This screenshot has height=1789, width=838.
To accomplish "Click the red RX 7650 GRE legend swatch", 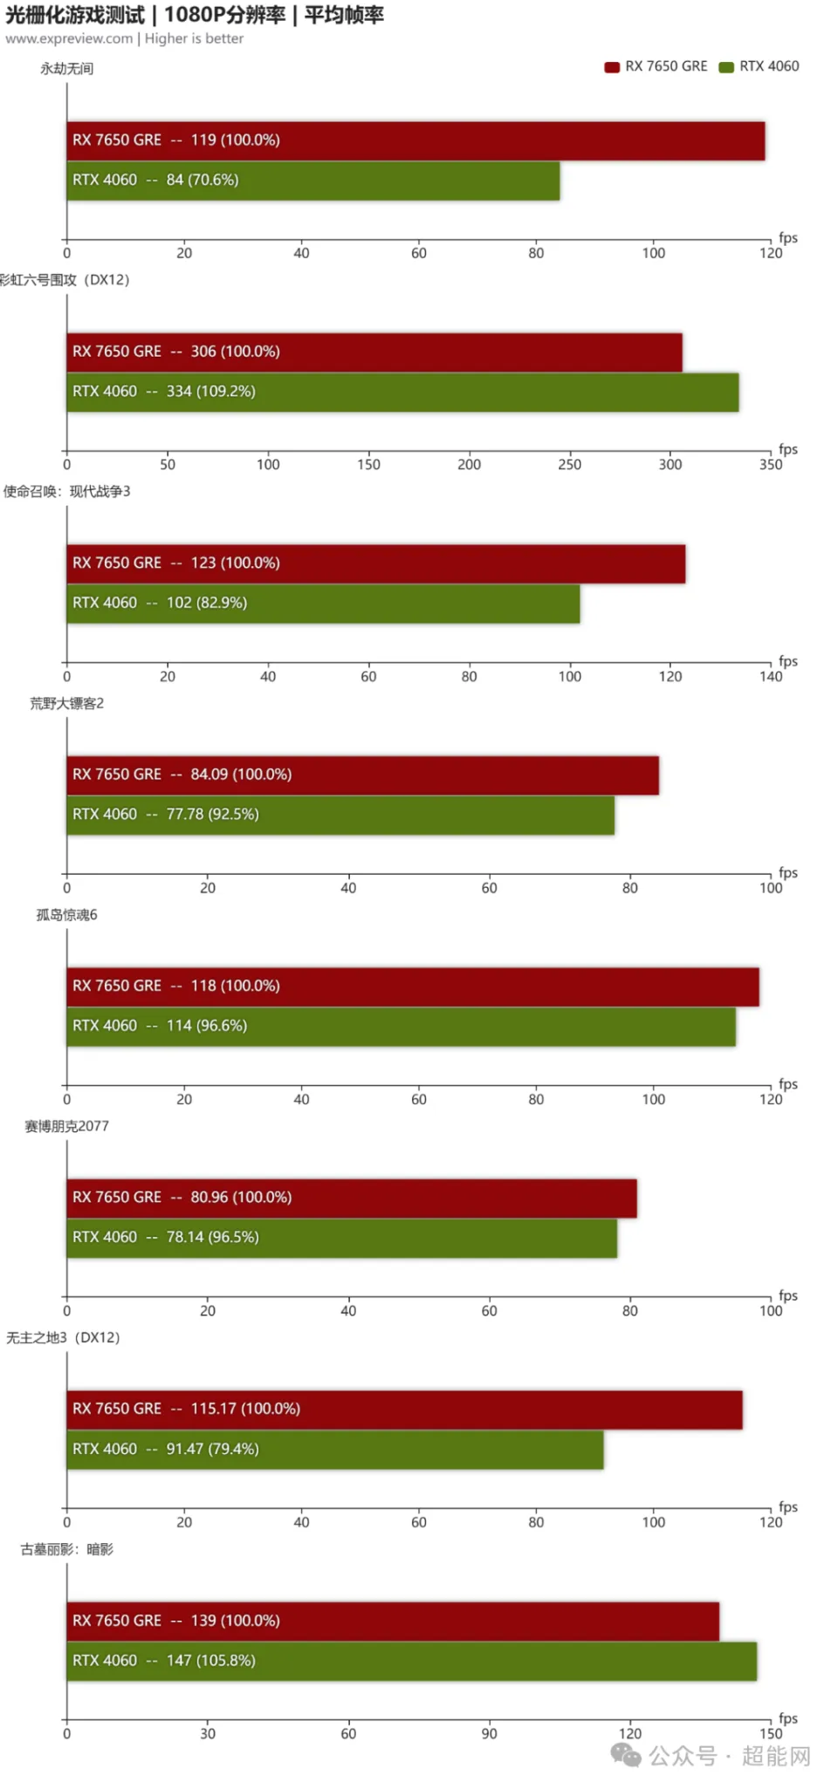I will point(612,67).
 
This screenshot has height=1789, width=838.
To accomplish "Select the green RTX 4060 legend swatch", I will point(725,67).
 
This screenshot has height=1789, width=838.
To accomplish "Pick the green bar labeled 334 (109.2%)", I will point(402,392).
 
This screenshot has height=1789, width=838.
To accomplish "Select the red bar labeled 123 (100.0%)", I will point(375,563).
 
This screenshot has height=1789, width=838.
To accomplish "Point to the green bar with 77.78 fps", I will point(340,815).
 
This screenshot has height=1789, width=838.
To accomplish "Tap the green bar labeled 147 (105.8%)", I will point(411,1661).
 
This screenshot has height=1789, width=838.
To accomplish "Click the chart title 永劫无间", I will point(66,69).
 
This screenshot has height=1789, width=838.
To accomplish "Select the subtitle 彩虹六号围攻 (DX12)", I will point(65,280).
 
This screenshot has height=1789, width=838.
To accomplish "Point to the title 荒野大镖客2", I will point(66,703).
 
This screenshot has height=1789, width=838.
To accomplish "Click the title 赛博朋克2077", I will point(66,1126).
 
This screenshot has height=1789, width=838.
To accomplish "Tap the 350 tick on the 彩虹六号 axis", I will point(770,465).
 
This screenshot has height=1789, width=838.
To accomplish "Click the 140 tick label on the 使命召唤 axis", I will point(770,677).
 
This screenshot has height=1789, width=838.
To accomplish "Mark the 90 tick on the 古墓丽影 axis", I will point(489,1734).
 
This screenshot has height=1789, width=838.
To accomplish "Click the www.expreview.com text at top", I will point(69,38).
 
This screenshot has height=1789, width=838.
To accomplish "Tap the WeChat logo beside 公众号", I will point(626,1754).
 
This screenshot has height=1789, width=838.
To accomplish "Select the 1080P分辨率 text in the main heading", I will point(224,15).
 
